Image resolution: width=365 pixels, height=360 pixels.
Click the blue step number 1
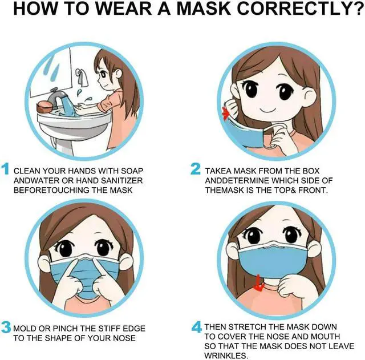coord(6,169)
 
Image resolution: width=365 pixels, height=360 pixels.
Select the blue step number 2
coord(196,169)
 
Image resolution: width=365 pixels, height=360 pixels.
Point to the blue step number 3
coord(6,327)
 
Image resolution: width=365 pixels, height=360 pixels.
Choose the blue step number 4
coord(196,327)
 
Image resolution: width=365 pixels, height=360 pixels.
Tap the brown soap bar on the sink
coord(44,107)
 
